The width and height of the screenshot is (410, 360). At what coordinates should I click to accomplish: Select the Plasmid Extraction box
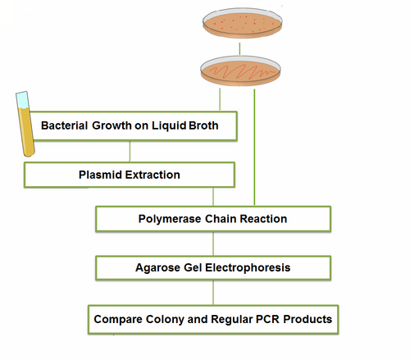[130, 174]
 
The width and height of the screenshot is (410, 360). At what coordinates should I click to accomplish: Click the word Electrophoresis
[245, 267]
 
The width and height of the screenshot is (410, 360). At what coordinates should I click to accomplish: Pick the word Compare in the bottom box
[119, 318]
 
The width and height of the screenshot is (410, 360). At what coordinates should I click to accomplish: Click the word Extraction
[153, 175]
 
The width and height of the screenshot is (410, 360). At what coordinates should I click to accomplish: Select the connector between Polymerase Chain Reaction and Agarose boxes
[213, 244]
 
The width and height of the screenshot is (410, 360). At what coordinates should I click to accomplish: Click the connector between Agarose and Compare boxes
[213, 293]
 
